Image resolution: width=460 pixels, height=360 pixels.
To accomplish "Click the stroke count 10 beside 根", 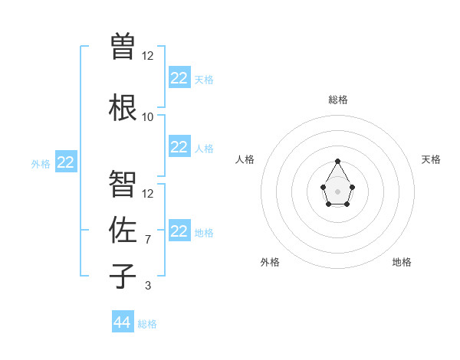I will [x=148, y=117].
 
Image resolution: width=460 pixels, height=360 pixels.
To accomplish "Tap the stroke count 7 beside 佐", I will [x=148, y=241].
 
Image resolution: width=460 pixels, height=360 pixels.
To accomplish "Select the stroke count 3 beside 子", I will [x=148, y=286].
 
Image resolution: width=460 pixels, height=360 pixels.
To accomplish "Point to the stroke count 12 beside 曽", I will [x=148, y=56].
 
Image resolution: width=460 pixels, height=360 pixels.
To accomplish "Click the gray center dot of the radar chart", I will [x=337, y=191].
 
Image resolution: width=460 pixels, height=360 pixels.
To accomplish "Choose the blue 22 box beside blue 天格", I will [x=179, y=78].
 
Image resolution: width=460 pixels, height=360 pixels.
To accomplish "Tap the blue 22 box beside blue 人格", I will [x=179, y=147].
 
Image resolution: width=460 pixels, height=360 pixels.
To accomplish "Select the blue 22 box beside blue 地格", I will [x=179, y=231].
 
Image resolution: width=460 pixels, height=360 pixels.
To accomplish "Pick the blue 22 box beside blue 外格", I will [x=66, y=162].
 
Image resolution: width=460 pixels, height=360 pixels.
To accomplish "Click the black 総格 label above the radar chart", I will [x=338, y=100].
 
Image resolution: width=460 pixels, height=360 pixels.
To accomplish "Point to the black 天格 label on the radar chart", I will [x=432, y=159].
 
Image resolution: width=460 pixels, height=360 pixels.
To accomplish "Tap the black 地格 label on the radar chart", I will [x=402, y=262].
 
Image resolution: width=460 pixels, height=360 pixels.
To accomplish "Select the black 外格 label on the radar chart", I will [x=270, y=262].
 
